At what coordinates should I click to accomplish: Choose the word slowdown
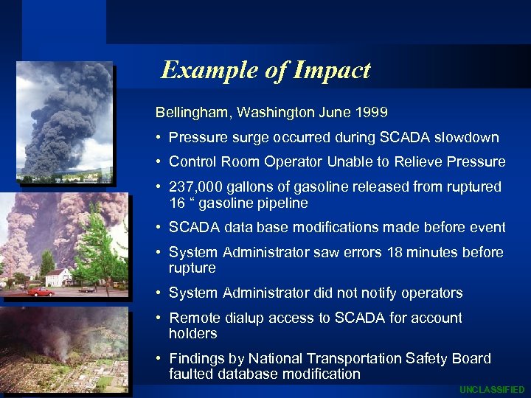(x=467, y=138)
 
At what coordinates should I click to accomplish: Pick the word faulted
(x=191, y=374)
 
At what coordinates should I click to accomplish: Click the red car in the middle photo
(x=41, y=292)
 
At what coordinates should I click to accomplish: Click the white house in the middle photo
(x=58, y=277)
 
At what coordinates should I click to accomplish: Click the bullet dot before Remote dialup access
(x=159, y=318)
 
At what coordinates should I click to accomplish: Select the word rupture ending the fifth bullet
(x=192, y=268)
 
